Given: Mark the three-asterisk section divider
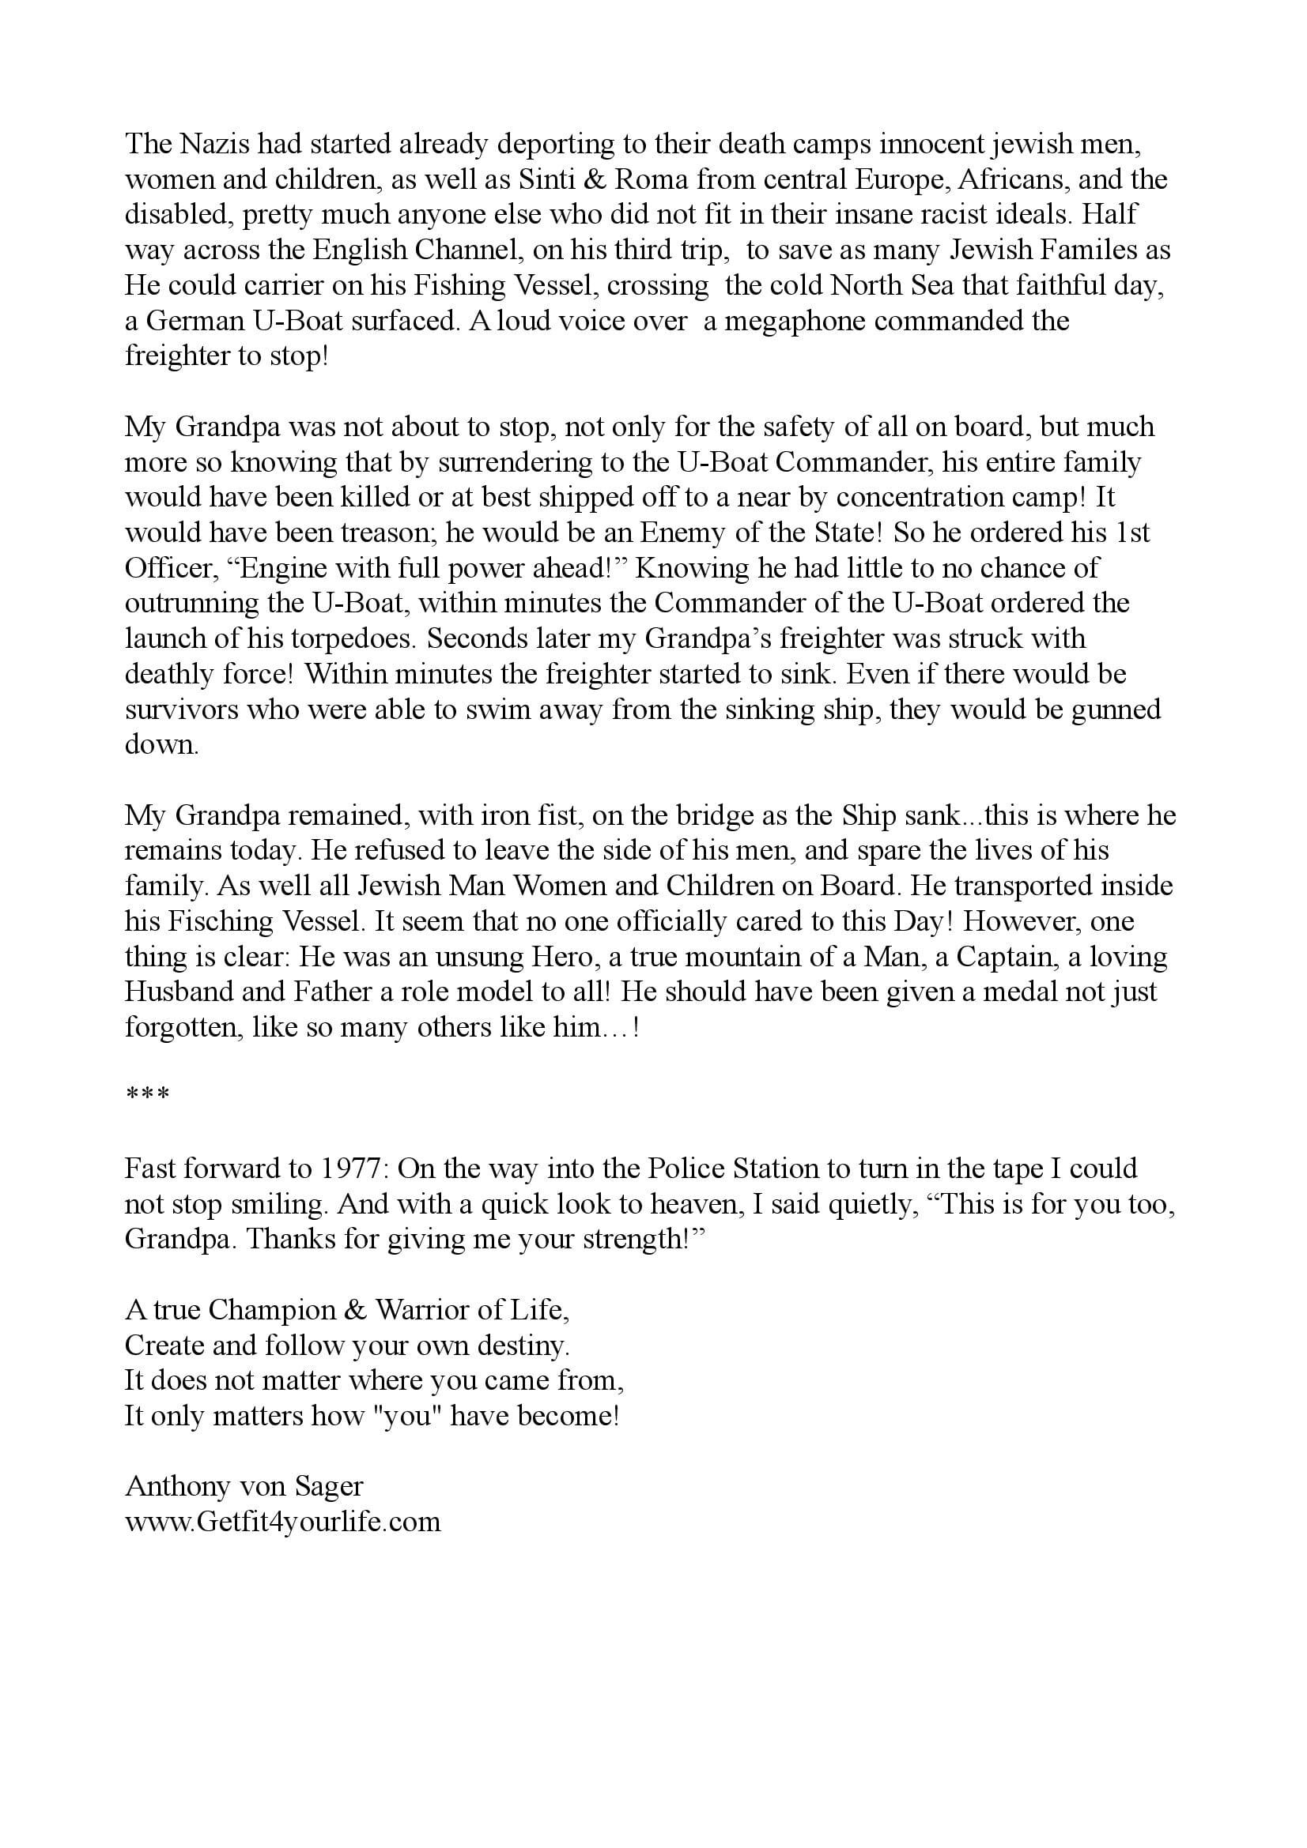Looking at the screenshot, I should click(x=146, y=1097).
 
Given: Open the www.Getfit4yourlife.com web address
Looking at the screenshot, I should click(x=282, y=1522).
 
